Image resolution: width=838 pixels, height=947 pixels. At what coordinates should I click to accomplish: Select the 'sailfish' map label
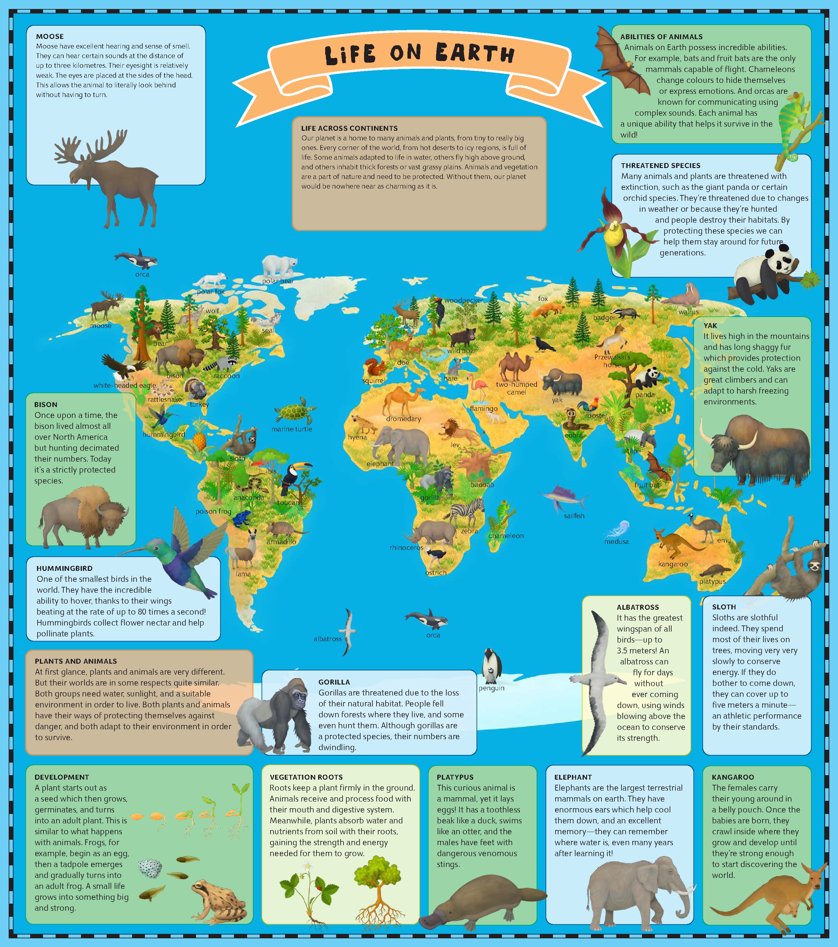pos(574,516)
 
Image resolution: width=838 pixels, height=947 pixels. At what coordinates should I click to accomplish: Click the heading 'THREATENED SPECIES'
pos(661,165)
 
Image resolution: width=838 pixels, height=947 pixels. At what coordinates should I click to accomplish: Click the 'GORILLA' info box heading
pos(334,682)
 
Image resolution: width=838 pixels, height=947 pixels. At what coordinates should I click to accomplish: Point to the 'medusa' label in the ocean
pos(616,542)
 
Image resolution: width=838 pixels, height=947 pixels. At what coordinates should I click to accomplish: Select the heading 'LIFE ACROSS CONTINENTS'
pos(349,128)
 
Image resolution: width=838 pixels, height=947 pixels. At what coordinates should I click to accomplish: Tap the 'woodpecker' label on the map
pos(463,300)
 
